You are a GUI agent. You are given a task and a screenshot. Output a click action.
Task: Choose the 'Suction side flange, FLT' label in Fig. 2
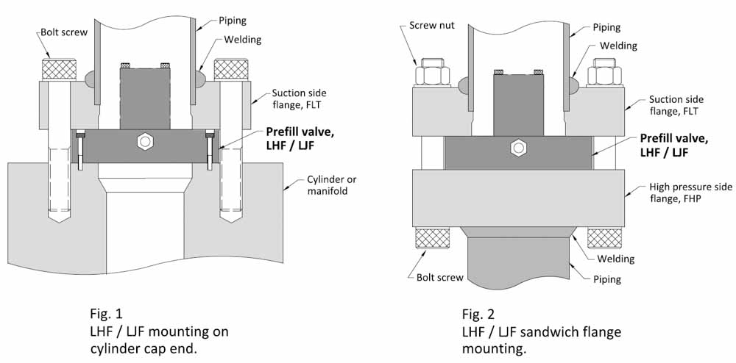coord(676,105)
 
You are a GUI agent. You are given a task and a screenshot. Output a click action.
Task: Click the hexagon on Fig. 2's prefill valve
coord(518,148)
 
